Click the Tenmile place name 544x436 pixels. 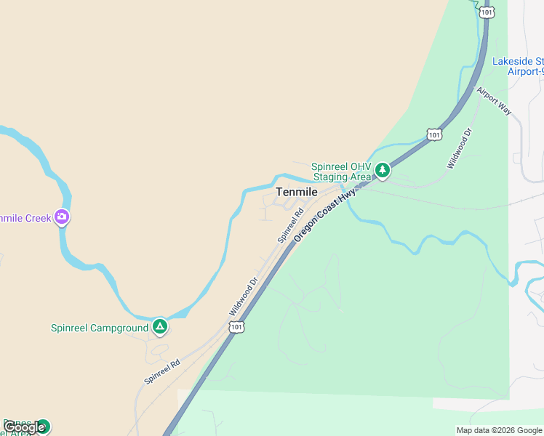[x=297, y=192]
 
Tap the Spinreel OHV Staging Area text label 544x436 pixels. [x=341, y=171]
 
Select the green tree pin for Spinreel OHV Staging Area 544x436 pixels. [x=383, y=171]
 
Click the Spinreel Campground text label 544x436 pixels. [x=100, y=328]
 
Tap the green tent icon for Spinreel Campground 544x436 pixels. [x=160, y=327]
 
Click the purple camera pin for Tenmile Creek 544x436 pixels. [x=62, y=217]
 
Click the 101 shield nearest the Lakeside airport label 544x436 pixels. [x=487, y=12]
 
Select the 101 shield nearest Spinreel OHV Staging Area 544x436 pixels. [x=434, y=134]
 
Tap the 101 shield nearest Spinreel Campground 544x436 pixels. [x=236, y=328]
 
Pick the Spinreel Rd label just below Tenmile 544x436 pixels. [x=289, y=227]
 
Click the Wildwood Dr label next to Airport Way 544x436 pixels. [x=460, y=148]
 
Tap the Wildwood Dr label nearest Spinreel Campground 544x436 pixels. [x=244, y=296]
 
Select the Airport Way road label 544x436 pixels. [x=494, y=101]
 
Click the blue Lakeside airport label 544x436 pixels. [x=517, y=66]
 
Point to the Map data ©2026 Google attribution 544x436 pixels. [x=500, y=430]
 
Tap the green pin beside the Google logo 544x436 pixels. [x=43, y=426]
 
